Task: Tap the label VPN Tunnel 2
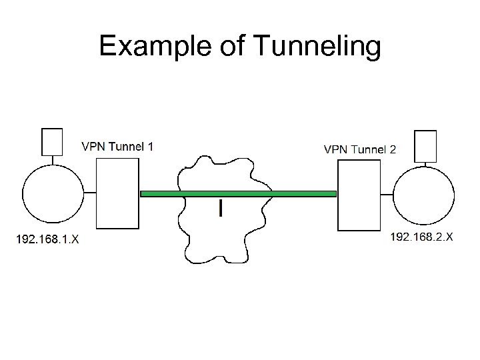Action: (360, 149)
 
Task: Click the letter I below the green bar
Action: (221, 209)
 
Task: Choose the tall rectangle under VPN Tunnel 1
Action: (118, 193)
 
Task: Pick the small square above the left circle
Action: (52, 141)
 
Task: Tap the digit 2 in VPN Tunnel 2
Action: (393, 149)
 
